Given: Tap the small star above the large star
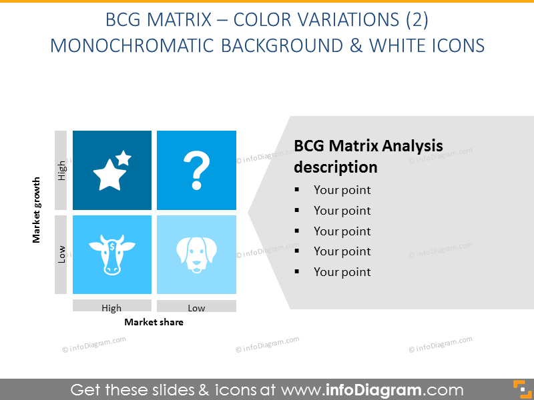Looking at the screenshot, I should click(x=123, y=158).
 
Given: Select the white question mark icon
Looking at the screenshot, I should click(x=196, y=171).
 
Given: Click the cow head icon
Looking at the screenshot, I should click(x=111, y=254).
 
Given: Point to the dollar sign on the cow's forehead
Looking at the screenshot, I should click(x=111, y=247).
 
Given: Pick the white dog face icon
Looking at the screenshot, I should click(x=196, y=255).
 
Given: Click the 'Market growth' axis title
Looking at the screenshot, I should click(x=37, y=209).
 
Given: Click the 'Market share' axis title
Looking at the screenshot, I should click(x=154, y=322).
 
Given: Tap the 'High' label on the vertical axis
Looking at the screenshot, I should click(x=61, y=171).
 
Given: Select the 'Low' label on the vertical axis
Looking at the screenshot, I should click(x=61, y=254).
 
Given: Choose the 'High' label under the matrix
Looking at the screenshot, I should click(x=111, y=308).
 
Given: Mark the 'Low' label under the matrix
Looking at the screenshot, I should click(x=196, y=308).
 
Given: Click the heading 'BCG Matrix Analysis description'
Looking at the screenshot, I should click(x=368, y=156).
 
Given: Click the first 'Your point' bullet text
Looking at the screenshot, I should click(x=342, y=190).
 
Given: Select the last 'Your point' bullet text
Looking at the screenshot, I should click(x=342, y=272).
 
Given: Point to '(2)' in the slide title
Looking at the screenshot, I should click(x=417, y=20).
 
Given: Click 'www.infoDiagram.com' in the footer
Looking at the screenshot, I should click(x=372, y=389).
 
